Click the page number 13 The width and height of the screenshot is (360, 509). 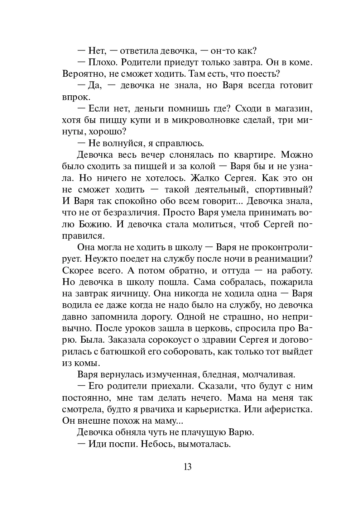(x=187, y=467)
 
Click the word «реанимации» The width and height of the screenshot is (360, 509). (x=285, y=259)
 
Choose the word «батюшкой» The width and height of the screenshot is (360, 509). (x=126, y=351)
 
